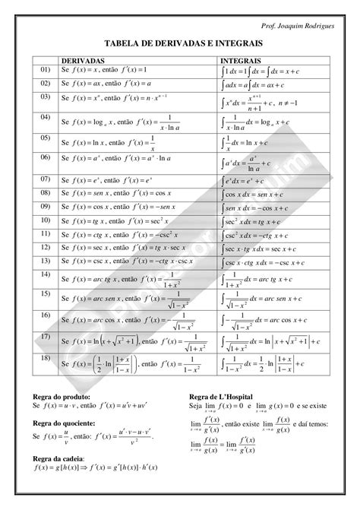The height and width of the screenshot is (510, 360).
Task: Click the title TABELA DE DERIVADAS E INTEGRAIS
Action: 179,43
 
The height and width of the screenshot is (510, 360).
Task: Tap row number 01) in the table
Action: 45,69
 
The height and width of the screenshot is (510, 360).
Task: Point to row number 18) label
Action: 45,357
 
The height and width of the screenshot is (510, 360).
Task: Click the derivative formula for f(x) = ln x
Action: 106,142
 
